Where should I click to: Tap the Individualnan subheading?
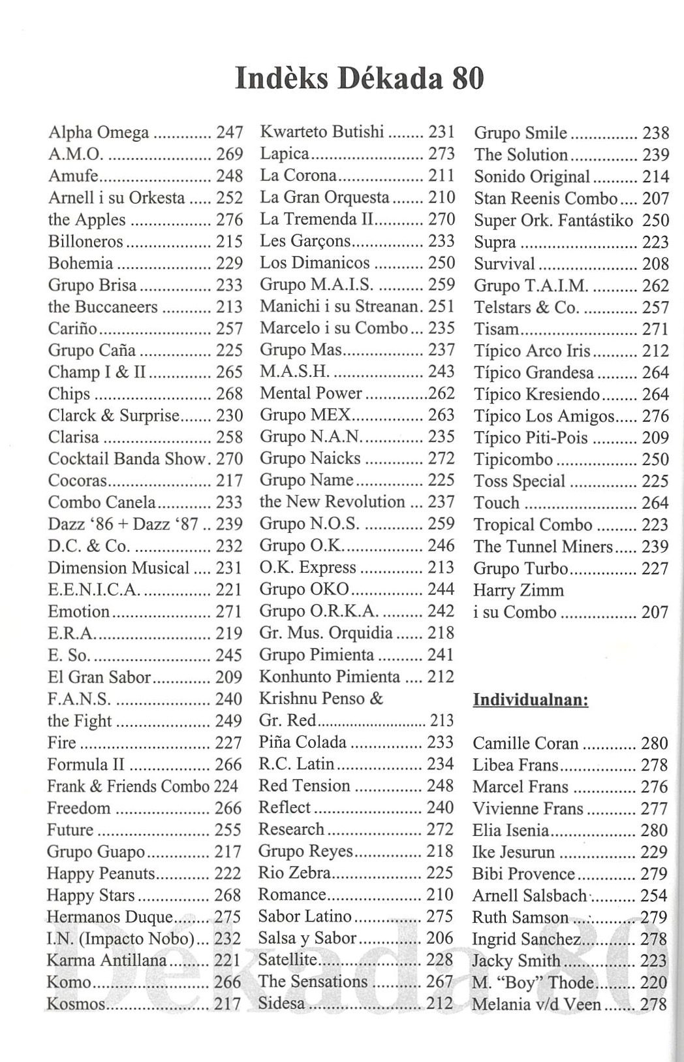[531, 701]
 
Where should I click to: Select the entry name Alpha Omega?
[99, 133]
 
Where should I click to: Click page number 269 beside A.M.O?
[229, 154]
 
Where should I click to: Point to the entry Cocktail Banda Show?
[127, 459]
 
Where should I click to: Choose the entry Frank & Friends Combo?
[129, 786]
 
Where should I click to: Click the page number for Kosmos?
[228, 1004]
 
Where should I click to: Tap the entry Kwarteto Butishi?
[322, 131]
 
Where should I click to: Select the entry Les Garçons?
[305, 241]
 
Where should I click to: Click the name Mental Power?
[311, 393]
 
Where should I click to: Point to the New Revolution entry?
[332, 502]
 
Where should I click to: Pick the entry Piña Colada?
[302, 743]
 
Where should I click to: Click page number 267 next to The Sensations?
[440, 982]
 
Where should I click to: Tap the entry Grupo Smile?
[520, 133]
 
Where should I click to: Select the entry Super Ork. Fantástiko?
[553, 220]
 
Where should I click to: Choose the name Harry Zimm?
[518, 590]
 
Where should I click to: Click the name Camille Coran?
[525, 743]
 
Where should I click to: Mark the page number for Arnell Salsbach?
[654, 895]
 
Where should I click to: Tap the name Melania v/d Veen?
[536, 1004]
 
